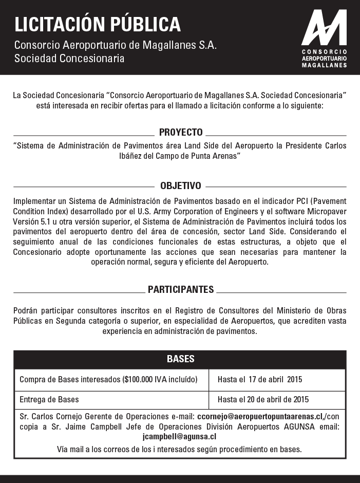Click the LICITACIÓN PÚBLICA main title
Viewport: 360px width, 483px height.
98,24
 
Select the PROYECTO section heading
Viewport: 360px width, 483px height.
181,132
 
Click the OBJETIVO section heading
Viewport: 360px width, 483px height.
181,185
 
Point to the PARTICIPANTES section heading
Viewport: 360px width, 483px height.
181,290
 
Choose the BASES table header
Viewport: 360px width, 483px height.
180,359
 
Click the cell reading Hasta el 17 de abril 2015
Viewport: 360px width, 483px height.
260,380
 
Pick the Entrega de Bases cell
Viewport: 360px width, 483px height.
49,399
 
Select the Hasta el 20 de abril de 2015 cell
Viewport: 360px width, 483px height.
263,399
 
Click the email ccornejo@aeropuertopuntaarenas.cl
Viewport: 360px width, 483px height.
260,416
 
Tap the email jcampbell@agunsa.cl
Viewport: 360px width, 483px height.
179,436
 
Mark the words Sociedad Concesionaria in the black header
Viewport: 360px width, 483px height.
69,58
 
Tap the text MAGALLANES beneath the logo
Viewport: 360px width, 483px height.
324,66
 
